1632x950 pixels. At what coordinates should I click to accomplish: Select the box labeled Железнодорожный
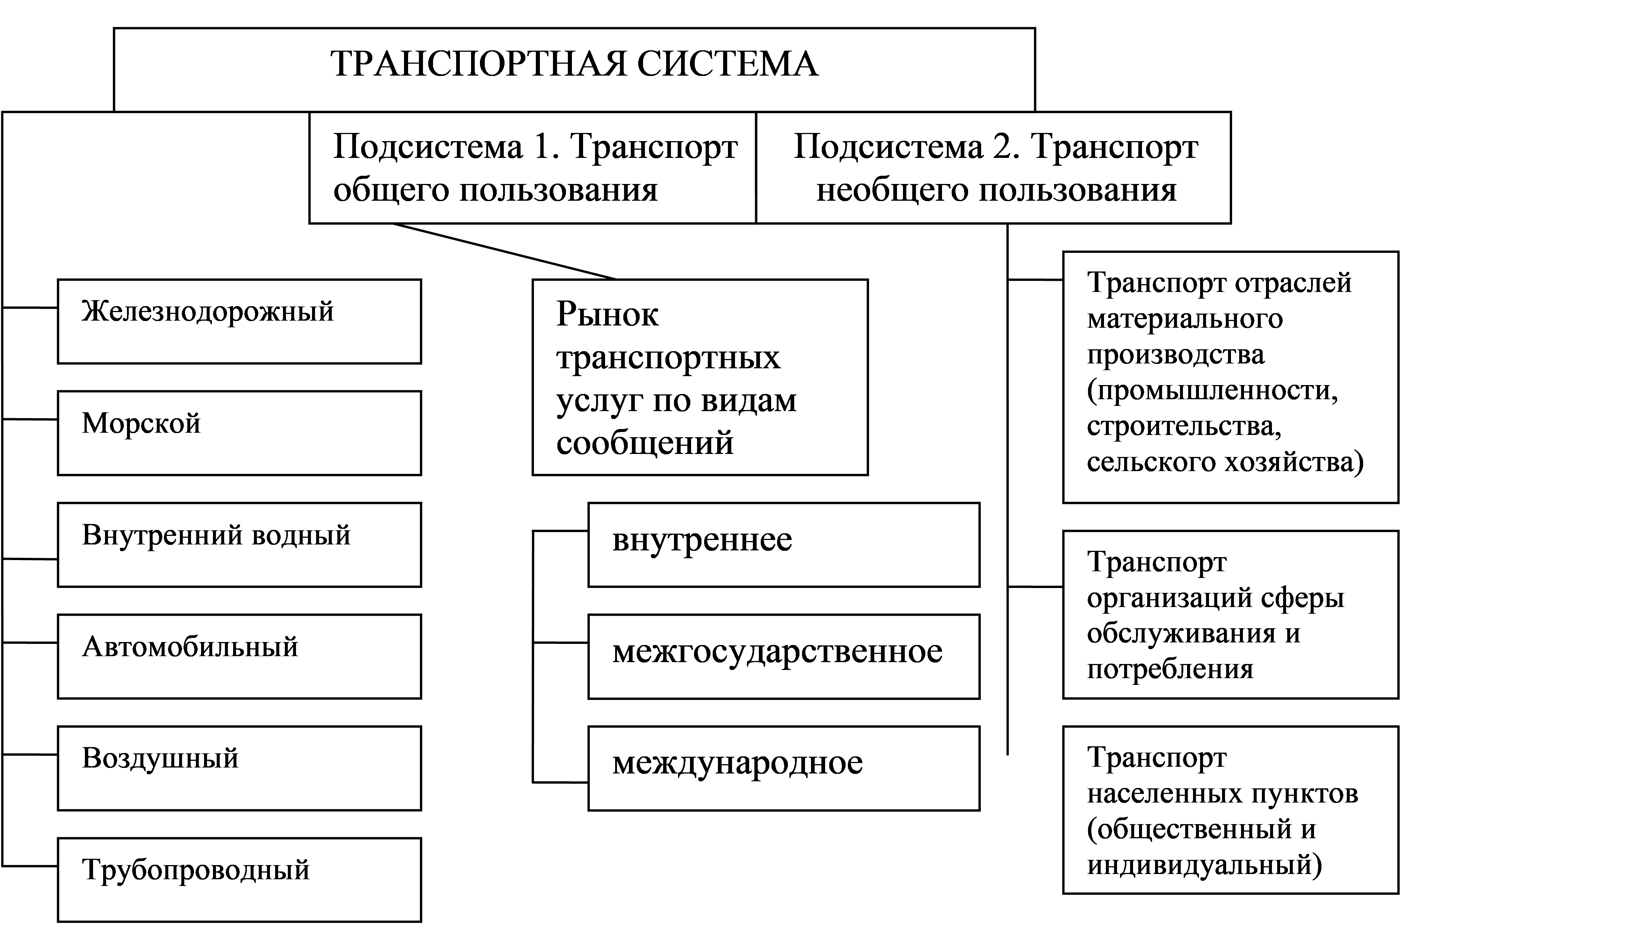click(240, 321)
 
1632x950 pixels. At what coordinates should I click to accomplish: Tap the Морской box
click(240, 433)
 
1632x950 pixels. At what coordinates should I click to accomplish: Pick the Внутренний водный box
click(240, 544)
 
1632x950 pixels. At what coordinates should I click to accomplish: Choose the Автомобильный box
click(240, 656)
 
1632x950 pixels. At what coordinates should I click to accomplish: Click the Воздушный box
click(240, 768)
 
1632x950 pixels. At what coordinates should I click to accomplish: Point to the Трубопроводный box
click(240, 879)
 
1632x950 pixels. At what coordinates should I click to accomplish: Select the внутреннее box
click(784, 544)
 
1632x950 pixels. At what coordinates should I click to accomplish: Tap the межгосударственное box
click(784, 656)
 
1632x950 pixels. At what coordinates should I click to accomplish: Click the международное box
click(784, 768)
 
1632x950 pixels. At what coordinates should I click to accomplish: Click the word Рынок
click(607, 315)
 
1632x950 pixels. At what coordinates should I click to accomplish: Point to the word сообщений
click(645, 443)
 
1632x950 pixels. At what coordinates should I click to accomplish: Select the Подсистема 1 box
click(532, 168)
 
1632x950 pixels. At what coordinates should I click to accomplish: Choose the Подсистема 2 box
click(993, 168)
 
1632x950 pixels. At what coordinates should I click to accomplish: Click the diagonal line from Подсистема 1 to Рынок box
click(504, 251)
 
